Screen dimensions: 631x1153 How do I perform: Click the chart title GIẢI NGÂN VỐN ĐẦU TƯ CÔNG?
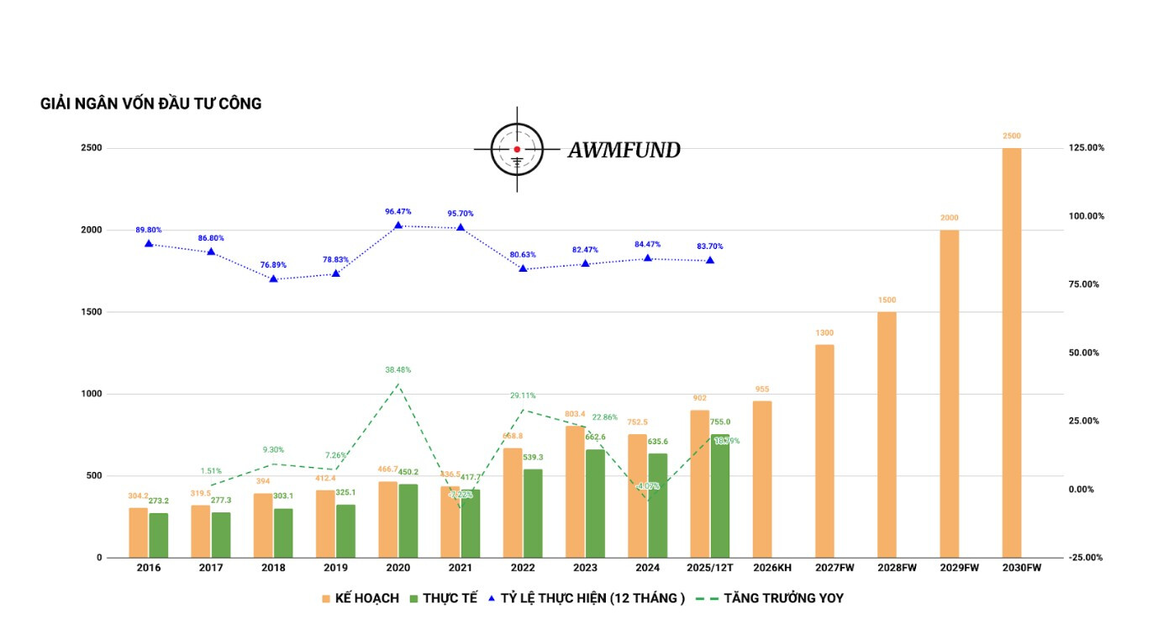click(151, 103)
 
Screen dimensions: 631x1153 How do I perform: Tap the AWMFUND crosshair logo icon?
click(517, 150)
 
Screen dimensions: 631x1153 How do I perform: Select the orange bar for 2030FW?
click(1012, 353)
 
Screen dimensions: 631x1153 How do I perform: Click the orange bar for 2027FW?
click(824, 451)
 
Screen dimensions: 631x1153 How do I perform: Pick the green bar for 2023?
click(595, 503)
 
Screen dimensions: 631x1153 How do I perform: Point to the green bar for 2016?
click(159, 535)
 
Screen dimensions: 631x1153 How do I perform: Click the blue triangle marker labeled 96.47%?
click(397, 225)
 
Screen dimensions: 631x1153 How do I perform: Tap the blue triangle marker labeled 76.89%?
click(273, 278)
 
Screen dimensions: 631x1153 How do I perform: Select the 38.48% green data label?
click(397, 370)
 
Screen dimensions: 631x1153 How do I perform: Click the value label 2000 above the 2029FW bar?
click(949, 218)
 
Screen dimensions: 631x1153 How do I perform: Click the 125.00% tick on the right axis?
click(1086, 148)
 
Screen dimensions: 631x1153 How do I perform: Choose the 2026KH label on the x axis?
click(772, 568)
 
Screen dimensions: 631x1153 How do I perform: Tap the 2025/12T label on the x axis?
click(709, 568)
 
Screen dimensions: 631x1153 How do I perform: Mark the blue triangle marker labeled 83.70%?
click(710, 260)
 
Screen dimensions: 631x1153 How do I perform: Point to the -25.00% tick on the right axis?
click(1086, 558)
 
